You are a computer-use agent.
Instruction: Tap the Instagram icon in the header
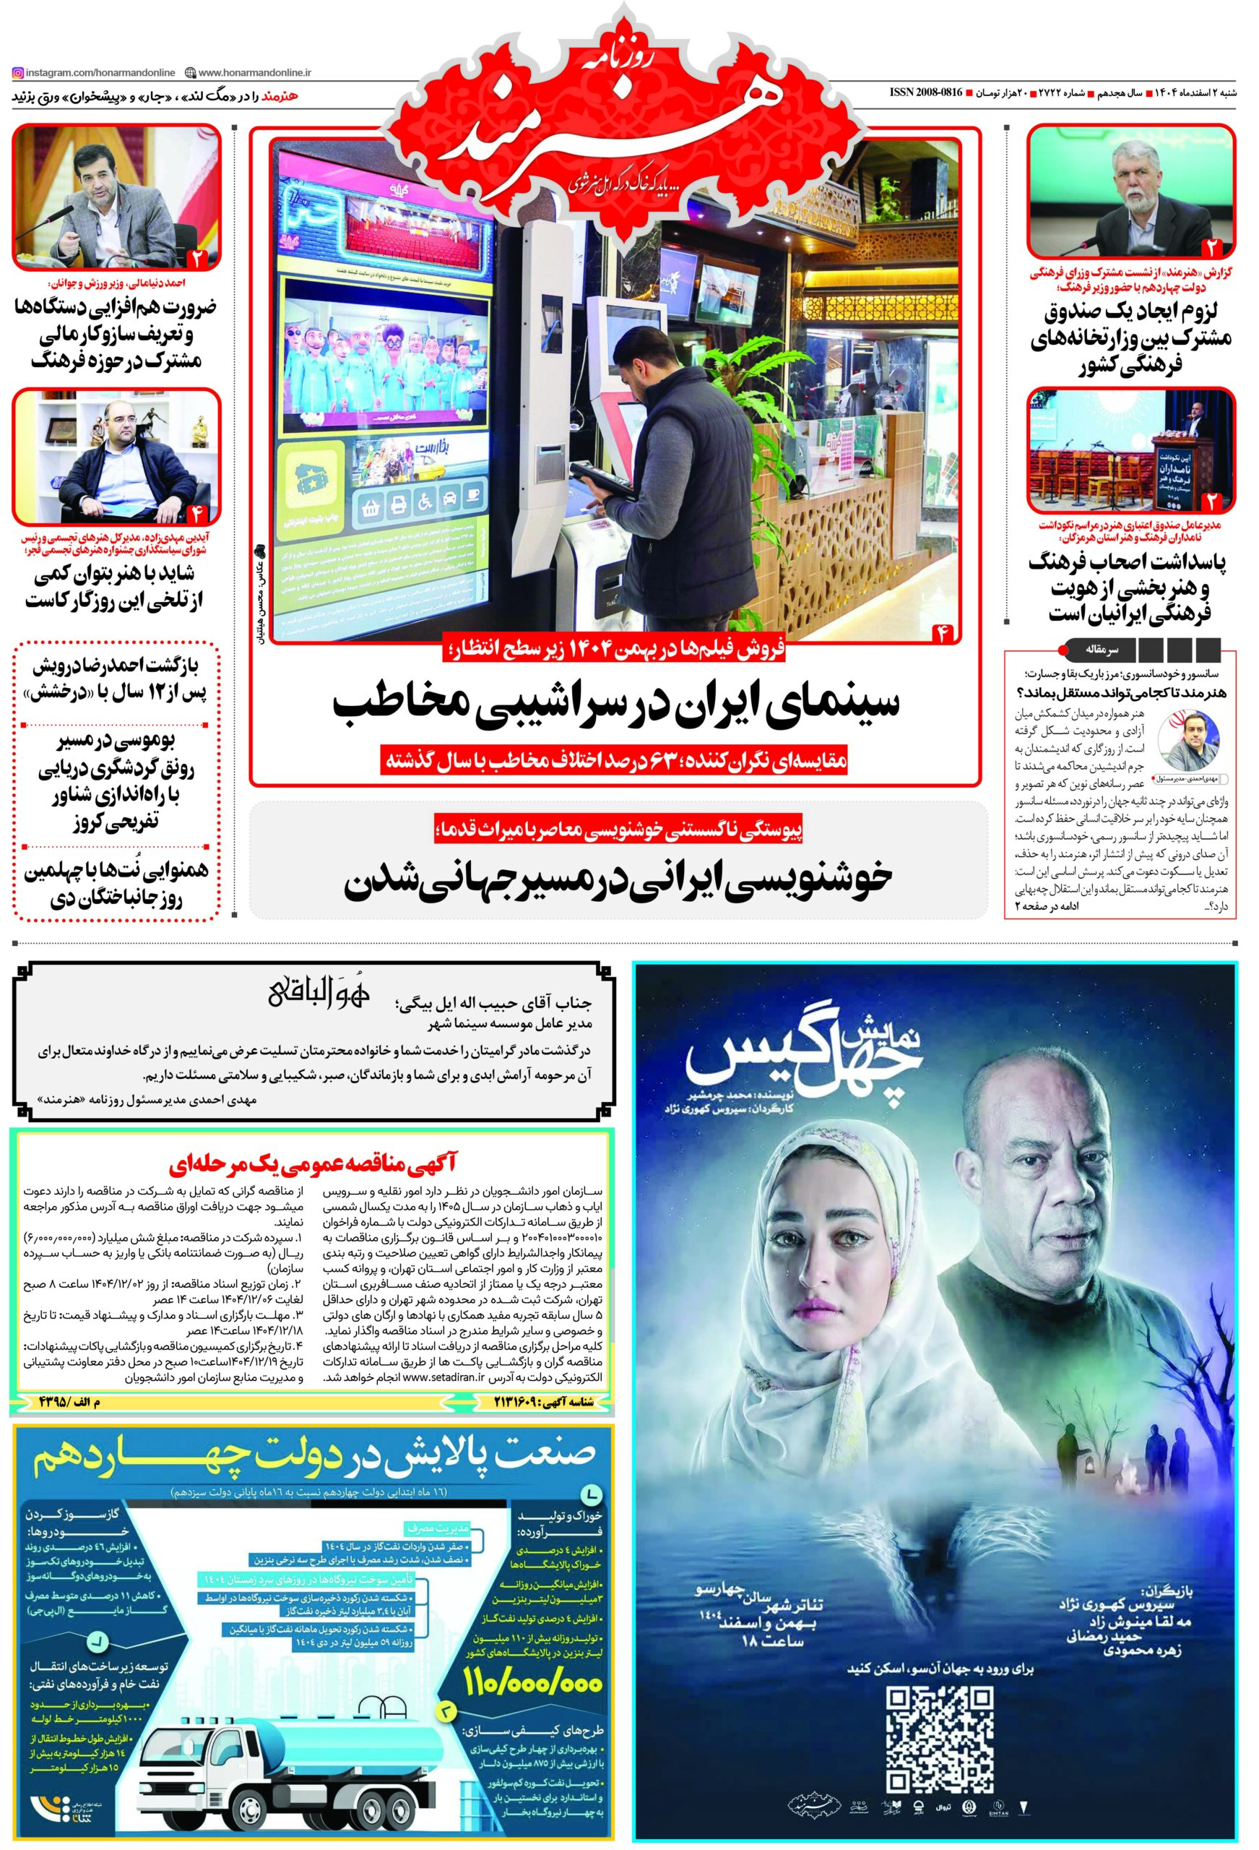click(x=17, y=73)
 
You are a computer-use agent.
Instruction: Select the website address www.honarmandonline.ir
click(x=254, y=73)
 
